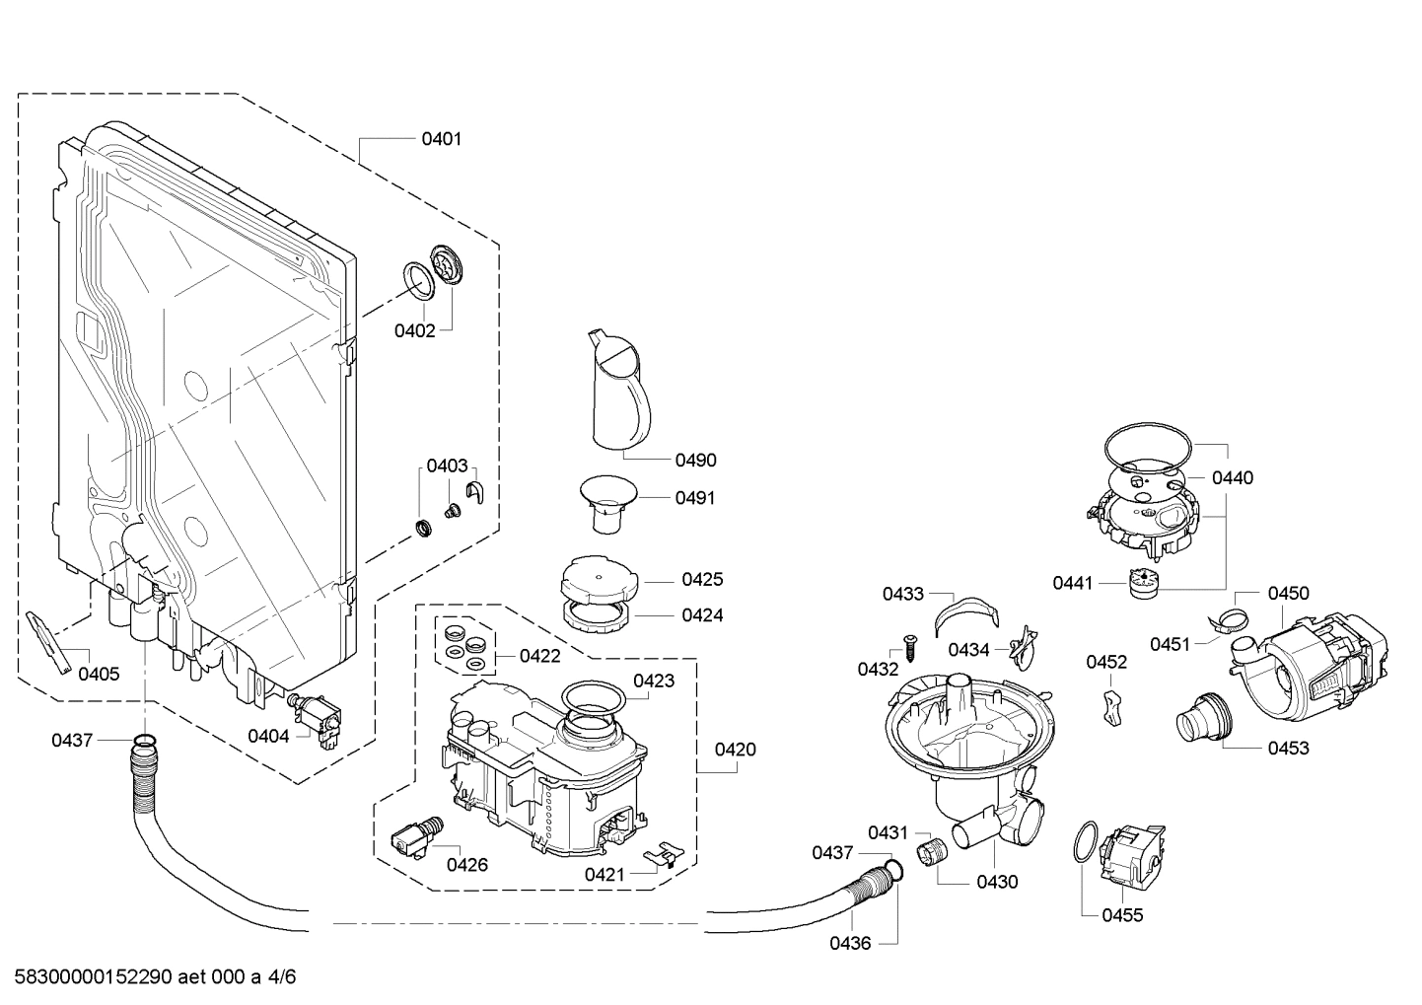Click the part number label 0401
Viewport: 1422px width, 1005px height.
pyautogui.click(x=441, y=139)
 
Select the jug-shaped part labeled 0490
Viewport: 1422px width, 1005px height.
pyautogui.click(x=617, y=390)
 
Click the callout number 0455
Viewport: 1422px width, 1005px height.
pyautogui.click(x=1122, y=915)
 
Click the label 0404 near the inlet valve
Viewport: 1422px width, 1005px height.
pyautogui.click(x=268, y=736)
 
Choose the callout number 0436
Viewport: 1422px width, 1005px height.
pyautogui.click(x=849, y=943)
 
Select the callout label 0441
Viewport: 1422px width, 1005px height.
pyautogui.click(x=1072, y=583)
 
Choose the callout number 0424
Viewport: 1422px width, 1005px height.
pyautogui.click(x=702, y=615)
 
